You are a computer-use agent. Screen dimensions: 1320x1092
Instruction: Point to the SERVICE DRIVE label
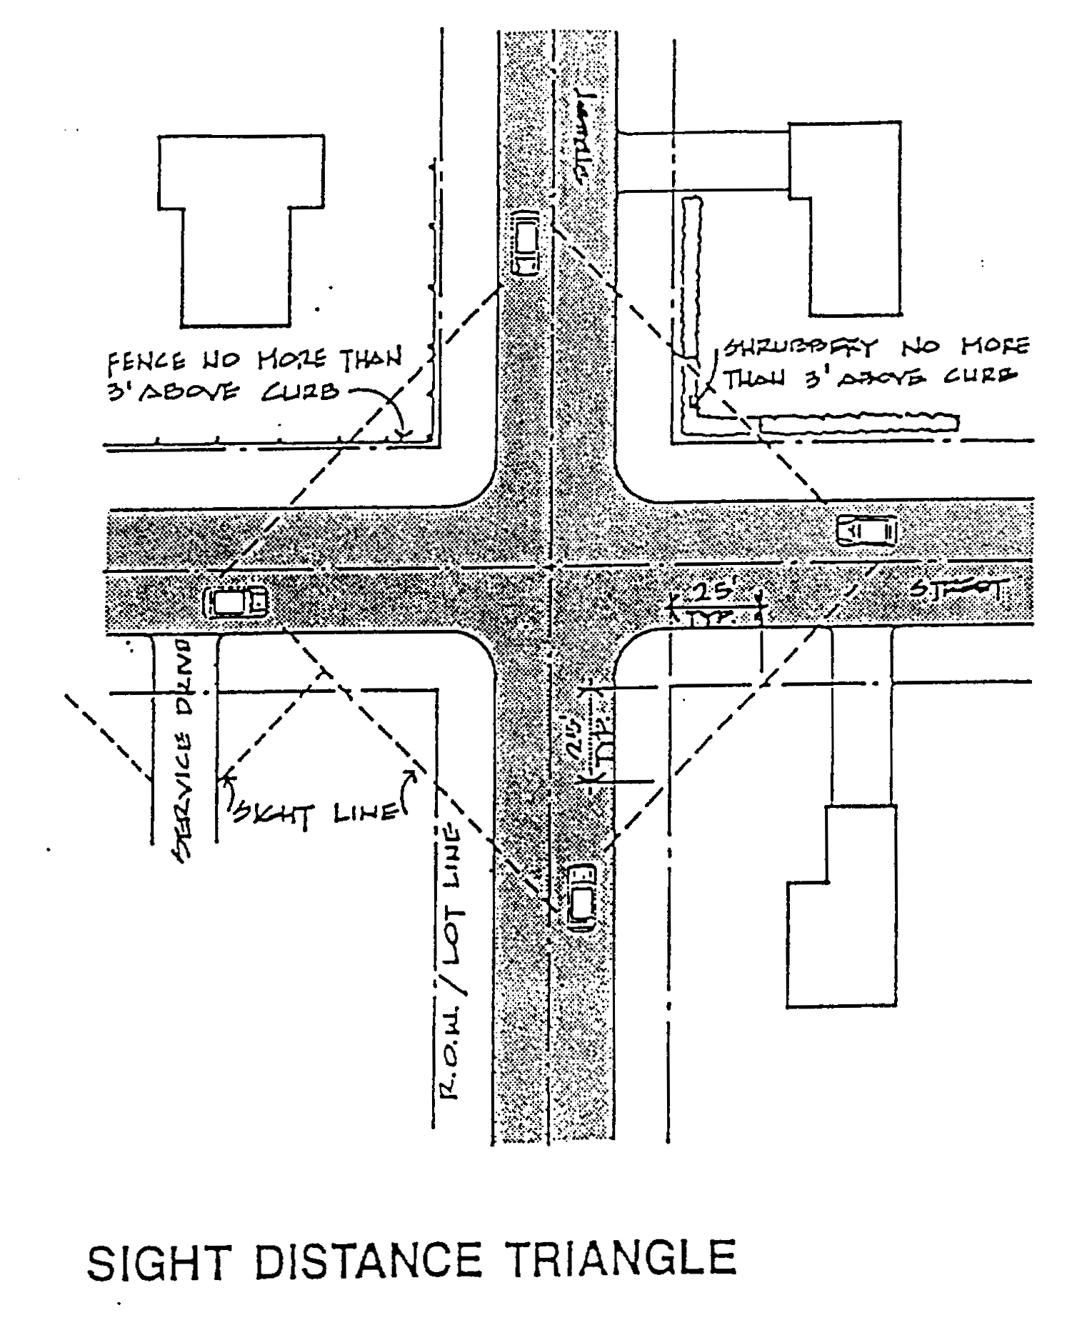pos(183,750)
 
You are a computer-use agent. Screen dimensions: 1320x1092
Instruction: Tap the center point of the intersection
pos(553,568)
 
